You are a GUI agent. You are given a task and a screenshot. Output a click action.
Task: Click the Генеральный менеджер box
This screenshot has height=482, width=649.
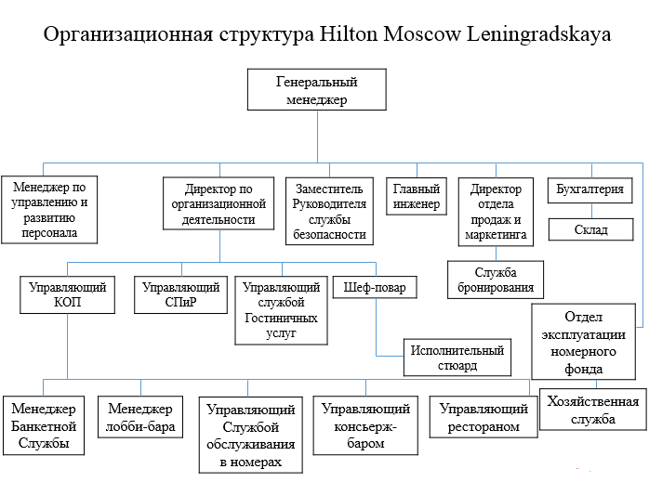click(317, 89)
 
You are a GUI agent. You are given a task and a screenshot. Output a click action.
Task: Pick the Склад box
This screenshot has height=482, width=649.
click(591, 228)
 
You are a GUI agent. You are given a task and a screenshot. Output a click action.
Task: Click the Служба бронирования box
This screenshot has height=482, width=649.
click(496, 279)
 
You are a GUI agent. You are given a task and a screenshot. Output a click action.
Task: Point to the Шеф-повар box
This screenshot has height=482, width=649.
click(375, 288)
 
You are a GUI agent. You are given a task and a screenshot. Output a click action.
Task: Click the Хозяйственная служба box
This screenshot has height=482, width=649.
click(593, 410)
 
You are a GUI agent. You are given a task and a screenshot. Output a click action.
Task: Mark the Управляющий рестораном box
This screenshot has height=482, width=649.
click(483, 415)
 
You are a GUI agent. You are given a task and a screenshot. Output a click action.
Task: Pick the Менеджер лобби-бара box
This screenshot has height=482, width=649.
click(140, 417)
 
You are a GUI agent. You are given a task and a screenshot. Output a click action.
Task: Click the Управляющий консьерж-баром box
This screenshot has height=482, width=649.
click(365, 426)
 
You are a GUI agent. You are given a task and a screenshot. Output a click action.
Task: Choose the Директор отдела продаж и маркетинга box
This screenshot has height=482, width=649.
click(496, 211)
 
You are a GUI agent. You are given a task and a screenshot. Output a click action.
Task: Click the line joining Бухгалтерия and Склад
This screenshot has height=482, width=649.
click(591, 211)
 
